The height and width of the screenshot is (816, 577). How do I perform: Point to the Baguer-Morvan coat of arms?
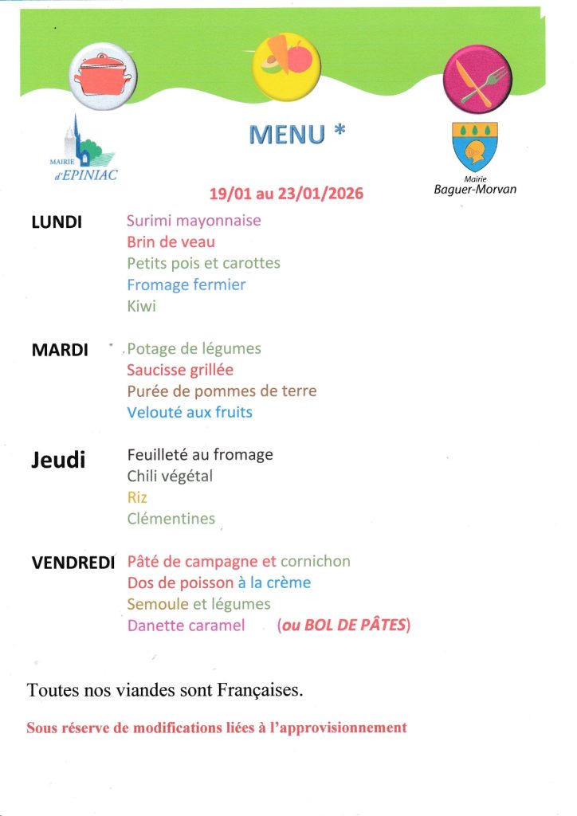point(474,146)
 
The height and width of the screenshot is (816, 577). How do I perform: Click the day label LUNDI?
point(57,222)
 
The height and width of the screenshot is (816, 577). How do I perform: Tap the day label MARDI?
point(59,350)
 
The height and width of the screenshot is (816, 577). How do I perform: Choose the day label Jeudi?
point(58,460)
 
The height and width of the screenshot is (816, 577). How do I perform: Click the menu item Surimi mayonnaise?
point(194,220)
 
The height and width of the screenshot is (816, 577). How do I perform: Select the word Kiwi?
point(141,306)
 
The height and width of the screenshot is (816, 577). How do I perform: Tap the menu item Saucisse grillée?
point(180,370)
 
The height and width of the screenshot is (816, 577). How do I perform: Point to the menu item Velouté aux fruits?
point(190,413)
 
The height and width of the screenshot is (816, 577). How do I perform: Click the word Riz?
point(137,497)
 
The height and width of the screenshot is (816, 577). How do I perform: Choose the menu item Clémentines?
point(171,519)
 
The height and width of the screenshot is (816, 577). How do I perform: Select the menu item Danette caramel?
point(186,626)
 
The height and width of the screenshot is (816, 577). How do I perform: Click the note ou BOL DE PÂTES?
point(343,626)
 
